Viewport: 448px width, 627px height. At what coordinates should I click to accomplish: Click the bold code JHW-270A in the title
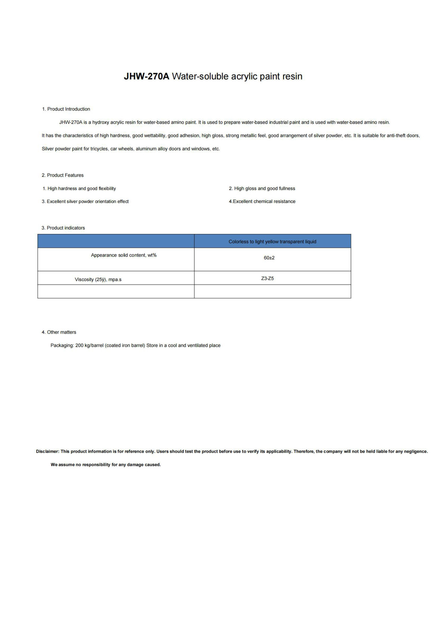pos(146,77)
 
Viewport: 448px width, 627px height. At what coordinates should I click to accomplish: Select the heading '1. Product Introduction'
pos(66,109)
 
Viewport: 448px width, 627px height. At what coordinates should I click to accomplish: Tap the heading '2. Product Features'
pos(63,175)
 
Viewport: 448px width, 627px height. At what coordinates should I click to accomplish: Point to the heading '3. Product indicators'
pos(63,228)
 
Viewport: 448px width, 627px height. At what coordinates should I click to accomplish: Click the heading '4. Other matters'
pos(59,332)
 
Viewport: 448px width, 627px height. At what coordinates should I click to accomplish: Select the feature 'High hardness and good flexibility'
pos(81,188)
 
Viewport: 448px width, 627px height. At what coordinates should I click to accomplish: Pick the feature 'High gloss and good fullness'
pos(264,188)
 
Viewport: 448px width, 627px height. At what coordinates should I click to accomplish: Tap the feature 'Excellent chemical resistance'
pos(264,202)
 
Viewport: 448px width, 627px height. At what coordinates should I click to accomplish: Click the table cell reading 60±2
pos(269,258)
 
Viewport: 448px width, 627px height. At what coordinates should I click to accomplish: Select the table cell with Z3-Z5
pos(267,278)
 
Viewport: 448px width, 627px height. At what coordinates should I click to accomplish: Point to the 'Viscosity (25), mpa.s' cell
pos(98,280)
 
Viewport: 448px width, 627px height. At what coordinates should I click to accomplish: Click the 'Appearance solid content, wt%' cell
pos(124,255)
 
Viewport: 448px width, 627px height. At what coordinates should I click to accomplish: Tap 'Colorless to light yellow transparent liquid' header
pos(272,242)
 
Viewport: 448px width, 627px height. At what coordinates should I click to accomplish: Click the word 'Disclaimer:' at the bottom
pos(47,452)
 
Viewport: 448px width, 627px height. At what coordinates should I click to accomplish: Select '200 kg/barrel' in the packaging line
pos(89,346)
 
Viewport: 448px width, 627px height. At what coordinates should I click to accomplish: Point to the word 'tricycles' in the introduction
pos(99,149)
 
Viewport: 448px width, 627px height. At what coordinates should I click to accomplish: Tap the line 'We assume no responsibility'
pos(106,465)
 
